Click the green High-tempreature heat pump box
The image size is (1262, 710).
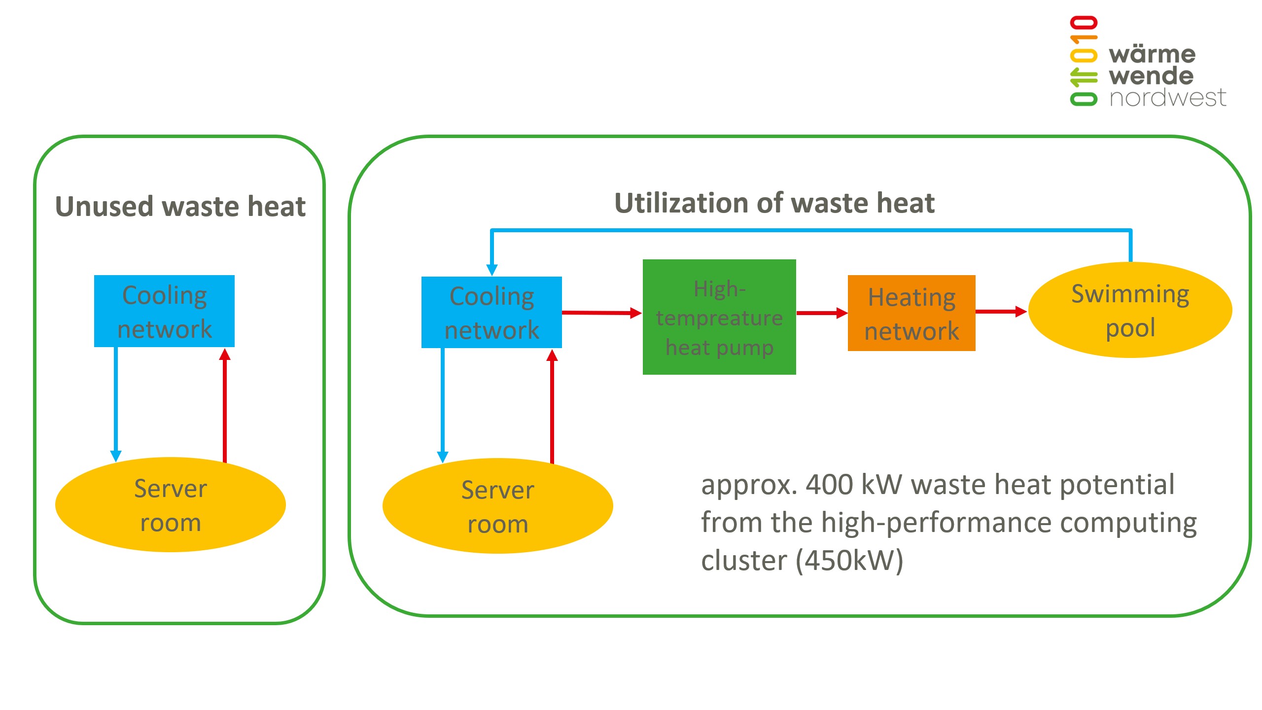(x=719, y=317)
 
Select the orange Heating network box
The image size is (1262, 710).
(x=911, y=313)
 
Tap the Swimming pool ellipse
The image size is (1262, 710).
(x=1130, y=310)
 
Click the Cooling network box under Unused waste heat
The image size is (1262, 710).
(x=164, y=311)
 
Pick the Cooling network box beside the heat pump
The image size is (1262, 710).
(x=491, y=312)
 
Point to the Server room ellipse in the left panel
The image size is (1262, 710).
(x=170, y=504)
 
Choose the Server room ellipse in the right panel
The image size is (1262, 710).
(x=497, y=506)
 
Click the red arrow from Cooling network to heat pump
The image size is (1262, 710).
(x=601, y=313)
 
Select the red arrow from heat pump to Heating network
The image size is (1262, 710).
(x=821, y=313)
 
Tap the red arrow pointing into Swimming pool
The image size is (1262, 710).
(x=1001, y=311)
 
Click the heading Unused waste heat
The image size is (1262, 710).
(x=180, y=206)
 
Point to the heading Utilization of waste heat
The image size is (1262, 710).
(x=774, y=203)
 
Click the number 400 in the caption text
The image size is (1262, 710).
(x=829, y=485)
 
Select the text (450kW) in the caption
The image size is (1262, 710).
(x=849, y=561)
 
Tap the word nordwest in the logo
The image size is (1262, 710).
(x=1167, y=98)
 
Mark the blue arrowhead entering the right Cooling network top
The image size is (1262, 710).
(x=492, y=269)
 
